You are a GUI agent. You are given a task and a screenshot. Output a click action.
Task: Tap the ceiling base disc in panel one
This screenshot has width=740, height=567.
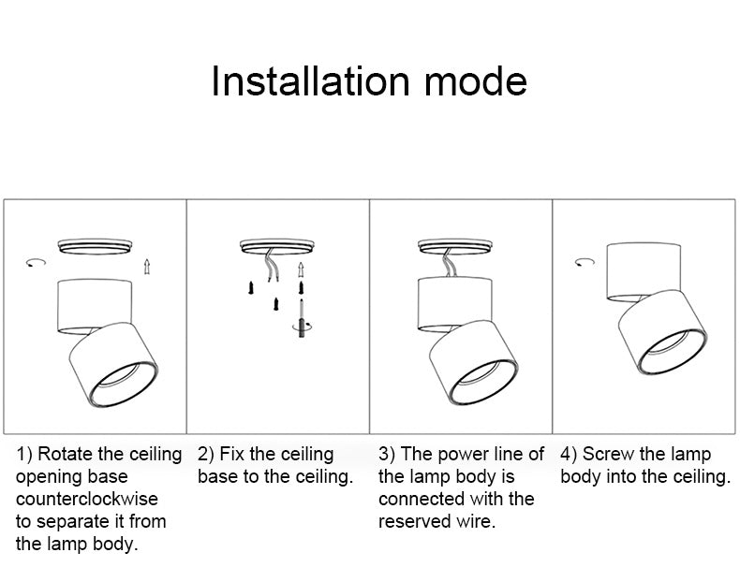click(x=94, y=246)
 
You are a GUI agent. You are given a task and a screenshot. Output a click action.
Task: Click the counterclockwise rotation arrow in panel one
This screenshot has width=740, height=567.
click(x=36, y=264)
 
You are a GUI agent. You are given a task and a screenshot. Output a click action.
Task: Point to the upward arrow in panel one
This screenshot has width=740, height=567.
click(x=146, y=266)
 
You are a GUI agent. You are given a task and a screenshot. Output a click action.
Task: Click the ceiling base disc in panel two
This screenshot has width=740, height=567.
click(x=276, y=246)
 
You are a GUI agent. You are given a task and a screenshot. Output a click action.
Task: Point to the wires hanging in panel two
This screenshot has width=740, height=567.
click(x=271, y=268)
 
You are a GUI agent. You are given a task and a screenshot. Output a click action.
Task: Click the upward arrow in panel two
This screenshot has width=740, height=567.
click(x=301, y=270)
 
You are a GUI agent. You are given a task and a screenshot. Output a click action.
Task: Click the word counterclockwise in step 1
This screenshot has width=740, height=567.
click(x=87, y=499)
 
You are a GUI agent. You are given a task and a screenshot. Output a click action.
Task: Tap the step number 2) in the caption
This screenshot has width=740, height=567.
click(x=206, y=455)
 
